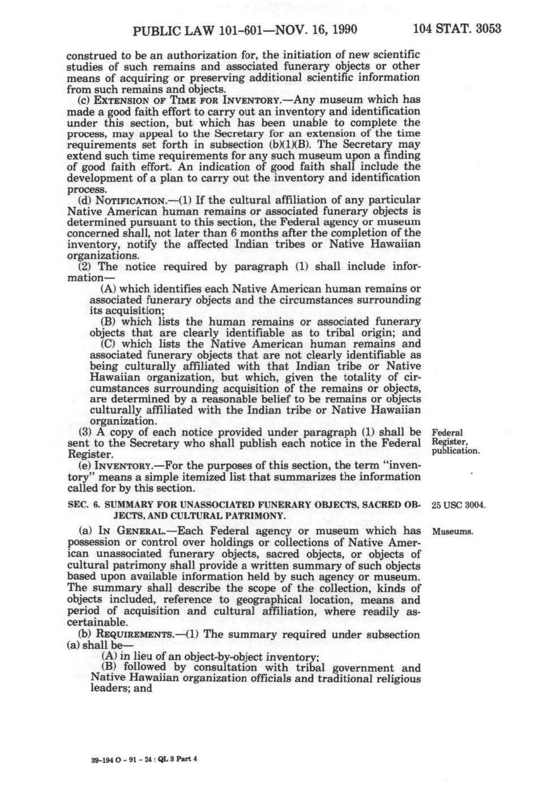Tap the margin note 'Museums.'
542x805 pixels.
pyautogui.click(x=453, y=532)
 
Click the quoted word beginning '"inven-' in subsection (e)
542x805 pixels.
pyautogui.click(x=400, y=465)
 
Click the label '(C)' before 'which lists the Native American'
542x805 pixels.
pyautogui.click(x=109, y=344)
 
